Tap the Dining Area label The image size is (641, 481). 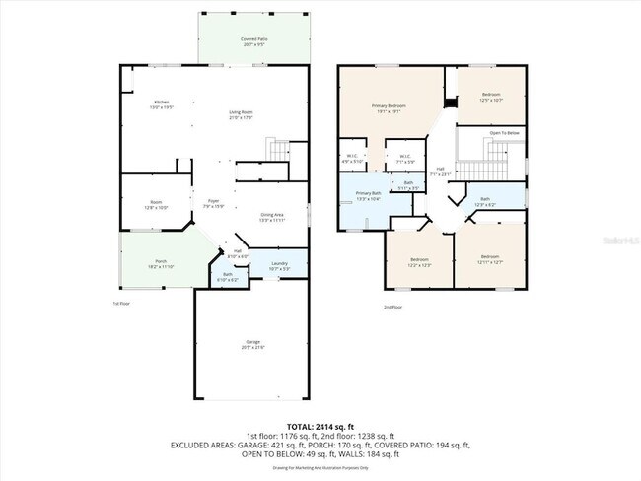(273, 217)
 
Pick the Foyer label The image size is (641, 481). (213, 204)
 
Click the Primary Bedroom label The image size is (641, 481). (389, 108)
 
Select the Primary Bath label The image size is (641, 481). (368, 196)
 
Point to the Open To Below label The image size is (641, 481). (505, 133)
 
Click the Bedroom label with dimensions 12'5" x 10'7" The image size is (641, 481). (490, 98)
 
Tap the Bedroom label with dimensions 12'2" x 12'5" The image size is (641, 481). (419, 262)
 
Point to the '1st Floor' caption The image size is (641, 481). (120, 304)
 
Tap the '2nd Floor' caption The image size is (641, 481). (393, 307)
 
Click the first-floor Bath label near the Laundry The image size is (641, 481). (227, 277)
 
